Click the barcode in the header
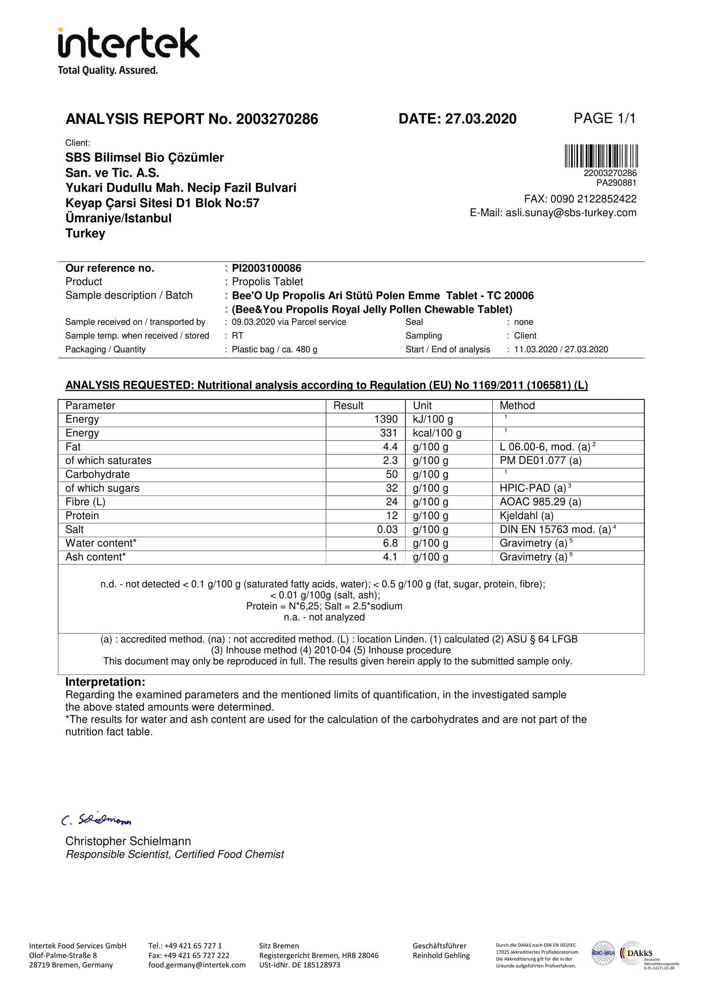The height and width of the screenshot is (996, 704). [601, 156]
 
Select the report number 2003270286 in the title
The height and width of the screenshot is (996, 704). [277, 119]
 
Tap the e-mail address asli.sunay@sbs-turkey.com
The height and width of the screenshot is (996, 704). [571, 213]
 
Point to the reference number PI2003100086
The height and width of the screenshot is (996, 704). [266, 268]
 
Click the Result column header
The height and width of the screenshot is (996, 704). [348, 406]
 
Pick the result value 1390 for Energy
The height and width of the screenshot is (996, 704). [385, 419]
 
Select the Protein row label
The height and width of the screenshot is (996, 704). [82, 516]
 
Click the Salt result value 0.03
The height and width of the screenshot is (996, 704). [387, 530]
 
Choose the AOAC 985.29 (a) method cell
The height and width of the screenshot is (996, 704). [540, 502]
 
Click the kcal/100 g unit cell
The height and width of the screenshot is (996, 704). [436, 433]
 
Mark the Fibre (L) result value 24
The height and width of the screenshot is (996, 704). [391, 502]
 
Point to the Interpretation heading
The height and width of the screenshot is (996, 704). [105, 682]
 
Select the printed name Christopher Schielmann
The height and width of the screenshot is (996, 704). [128, 842]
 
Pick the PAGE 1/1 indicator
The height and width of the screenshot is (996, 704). [604, 118]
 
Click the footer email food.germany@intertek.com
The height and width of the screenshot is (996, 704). [197, 965]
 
